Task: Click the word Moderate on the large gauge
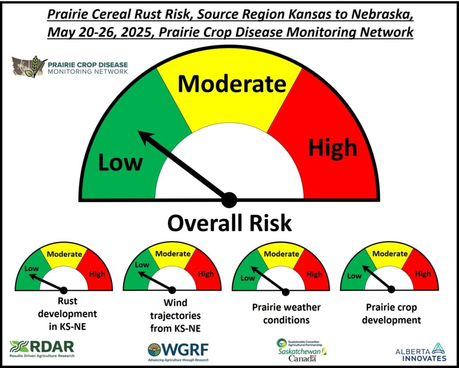tap(232, 84)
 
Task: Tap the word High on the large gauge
tap(333, 147)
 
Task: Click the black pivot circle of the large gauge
tap(229, 200)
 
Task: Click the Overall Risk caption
tap(229, 223)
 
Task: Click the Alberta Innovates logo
tap(421, 352)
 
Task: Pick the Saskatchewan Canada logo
tap(302, 350)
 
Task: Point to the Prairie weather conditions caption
tap(286, 314)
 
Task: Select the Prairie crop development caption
tap(391, 314)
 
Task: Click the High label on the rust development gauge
tap(97, 274)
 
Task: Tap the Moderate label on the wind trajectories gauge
tap(173, 254)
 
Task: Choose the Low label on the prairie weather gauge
tap(247, 278)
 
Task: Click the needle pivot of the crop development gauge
tap(391, 289)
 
